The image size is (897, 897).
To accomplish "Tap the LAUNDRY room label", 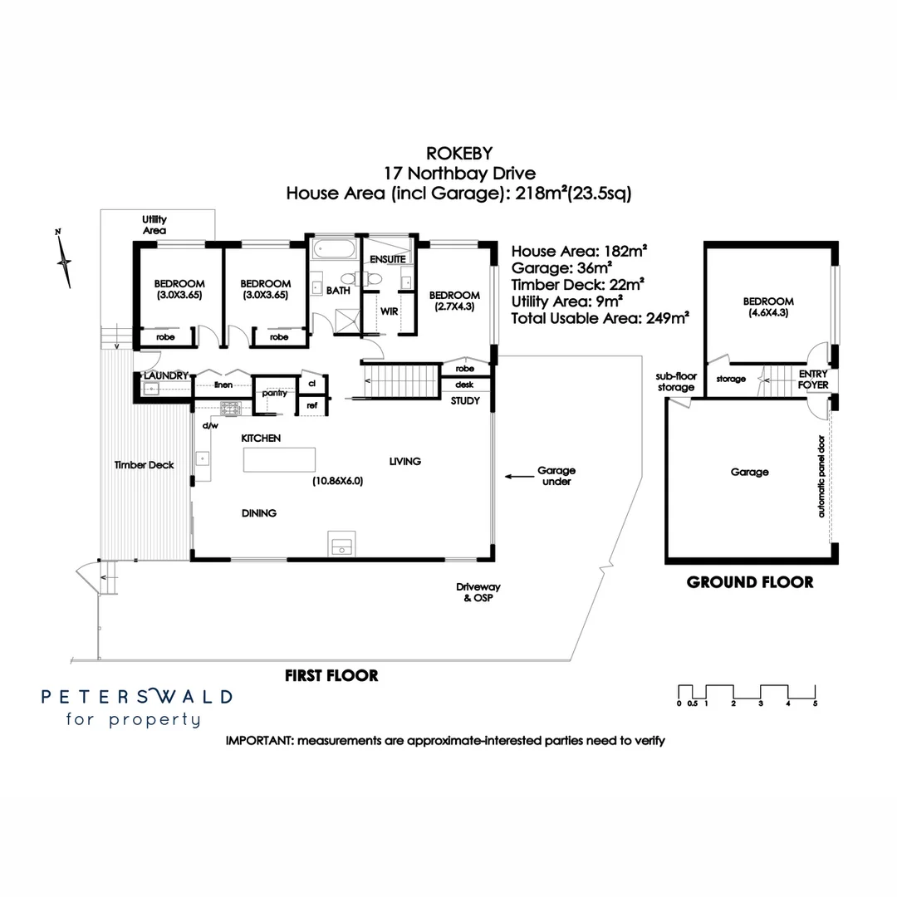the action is [166, 375].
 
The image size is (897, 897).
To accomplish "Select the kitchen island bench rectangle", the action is [279, 459].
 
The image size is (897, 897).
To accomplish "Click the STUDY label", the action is [465, 401].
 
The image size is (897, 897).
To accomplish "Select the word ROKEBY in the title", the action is [458, 154].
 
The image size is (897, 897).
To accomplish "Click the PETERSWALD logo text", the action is [137, 696].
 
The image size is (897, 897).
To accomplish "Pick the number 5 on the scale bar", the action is [815, 703].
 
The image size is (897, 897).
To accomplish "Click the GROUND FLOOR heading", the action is [750, 582].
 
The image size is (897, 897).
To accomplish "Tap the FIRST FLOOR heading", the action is [331, 675].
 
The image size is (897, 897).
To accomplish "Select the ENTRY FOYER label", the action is [813, 380].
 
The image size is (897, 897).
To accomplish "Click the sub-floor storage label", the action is [674, 382].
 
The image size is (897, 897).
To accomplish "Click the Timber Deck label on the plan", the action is [144, 465].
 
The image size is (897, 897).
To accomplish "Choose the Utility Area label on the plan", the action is [154, 224].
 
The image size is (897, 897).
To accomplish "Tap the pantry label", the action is [274, 393].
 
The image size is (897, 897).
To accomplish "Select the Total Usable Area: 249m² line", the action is [601, 318].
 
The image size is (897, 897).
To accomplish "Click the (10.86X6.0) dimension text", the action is [337, 480].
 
